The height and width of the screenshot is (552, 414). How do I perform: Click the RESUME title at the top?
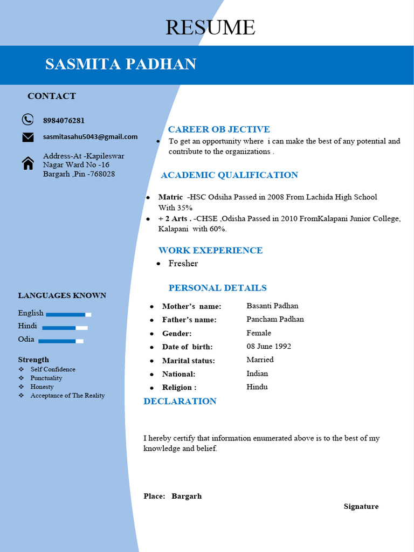pos(210,27)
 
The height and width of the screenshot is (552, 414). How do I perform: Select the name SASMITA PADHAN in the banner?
pos(120,64)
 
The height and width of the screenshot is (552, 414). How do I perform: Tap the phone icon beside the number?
pos(27,120)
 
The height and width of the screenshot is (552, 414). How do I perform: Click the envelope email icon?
pos(27,137)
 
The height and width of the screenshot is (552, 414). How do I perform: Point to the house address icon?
pos(28,163)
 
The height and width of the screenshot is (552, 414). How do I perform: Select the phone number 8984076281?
pos(64,120)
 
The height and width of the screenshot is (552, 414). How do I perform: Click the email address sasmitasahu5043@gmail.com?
pos(90,137)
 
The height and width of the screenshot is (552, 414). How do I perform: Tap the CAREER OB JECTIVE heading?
pos(219,129)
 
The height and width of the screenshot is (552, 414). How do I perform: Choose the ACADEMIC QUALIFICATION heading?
pos(229,175)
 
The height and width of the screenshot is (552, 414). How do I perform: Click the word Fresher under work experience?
pos(183,264)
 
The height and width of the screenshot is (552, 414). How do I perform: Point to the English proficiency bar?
pos(68,314)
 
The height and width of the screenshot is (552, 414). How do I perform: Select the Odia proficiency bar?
pos(61,341)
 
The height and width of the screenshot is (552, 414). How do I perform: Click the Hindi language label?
pos(27,326)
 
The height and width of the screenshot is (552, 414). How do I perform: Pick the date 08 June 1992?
pos(268,347)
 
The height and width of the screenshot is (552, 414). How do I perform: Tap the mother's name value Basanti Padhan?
pos(272,306)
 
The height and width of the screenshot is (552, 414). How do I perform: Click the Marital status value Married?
pos(260,360)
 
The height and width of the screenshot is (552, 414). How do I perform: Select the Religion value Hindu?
pos(257,387)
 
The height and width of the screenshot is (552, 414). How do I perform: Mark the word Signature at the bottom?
pos(361,507)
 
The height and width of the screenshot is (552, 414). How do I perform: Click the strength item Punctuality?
pos(46,378)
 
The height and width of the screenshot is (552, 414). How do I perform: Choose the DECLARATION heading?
pos(180,401)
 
